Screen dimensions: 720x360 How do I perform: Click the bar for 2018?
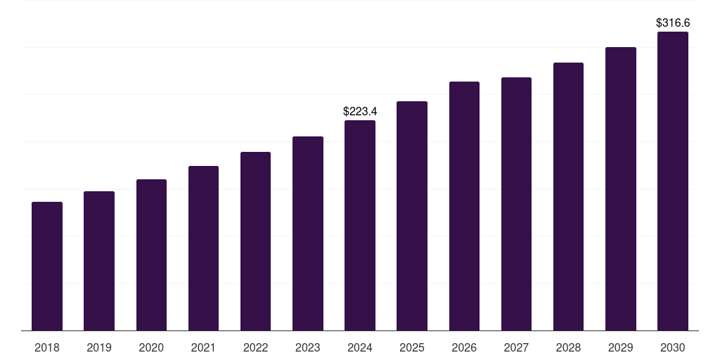47,266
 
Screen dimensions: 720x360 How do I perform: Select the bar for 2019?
99,261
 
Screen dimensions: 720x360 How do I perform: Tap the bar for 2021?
203,248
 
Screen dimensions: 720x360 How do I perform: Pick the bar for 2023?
308,233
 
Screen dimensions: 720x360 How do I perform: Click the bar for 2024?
360,226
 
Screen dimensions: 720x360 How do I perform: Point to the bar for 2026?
464,206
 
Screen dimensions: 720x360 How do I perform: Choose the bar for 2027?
516,204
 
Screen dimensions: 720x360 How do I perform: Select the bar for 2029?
621,188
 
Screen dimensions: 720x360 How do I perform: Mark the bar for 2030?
673,181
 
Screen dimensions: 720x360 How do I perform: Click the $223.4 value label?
360,112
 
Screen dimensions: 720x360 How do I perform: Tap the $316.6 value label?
673,23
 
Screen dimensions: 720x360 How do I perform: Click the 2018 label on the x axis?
47,347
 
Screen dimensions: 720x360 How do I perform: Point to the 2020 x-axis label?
151,347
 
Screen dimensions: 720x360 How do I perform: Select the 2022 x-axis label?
255,347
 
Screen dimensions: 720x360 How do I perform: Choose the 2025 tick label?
412,347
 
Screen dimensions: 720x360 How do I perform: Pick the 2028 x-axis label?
568,347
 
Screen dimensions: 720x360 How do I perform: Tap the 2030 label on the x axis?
673,347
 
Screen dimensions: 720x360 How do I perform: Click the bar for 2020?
152,255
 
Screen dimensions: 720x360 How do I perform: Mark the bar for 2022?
255,241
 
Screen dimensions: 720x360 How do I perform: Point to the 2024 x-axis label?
360,347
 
